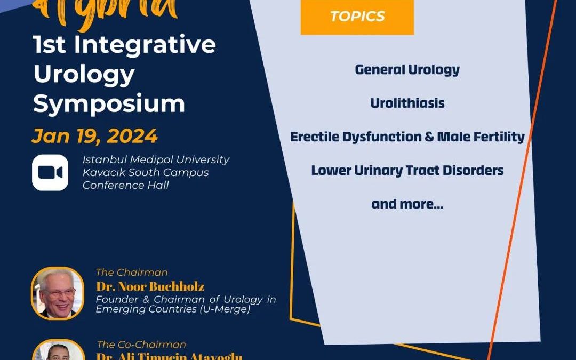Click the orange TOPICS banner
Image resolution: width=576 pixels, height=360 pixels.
(x=357, y=17)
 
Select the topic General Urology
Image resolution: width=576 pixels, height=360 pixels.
(x=407, y=70)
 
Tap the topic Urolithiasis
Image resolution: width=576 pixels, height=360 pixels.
(x=407, y=103)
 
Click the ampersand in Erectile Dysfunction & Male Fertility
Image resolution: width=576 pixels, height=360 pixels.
(x=429, y=137)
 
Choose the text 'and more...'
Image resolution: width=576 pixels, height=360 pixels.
(x=407, y=204)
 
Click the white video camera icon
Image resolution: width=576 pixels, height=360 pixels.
(x=50, y=172)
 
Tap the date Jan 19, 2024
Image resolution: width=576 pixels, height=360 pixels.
(x=94, y=137)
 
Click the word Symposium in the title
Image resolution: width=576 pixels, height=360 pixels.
(x=109, y=103)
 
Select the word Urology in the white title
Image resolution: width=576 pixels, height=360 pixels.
(x=84, y=74)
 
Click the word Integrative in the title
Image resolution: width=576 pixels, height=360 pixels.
(x=145, y=45)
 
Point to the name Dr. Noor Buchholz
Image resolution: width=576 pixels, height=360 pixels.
(x=150, y=286)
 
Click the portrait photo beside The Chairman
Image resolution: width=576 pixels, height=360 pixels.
(x=58, y=293)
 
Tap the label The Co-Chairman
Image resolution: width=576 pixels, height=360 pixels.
(x=141, y=345)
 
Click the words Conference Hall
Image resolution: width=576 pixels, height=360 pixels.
(x=125, y=186)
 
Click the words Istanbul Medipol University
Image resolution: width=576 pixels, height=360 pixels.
(x=156, y=159)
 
